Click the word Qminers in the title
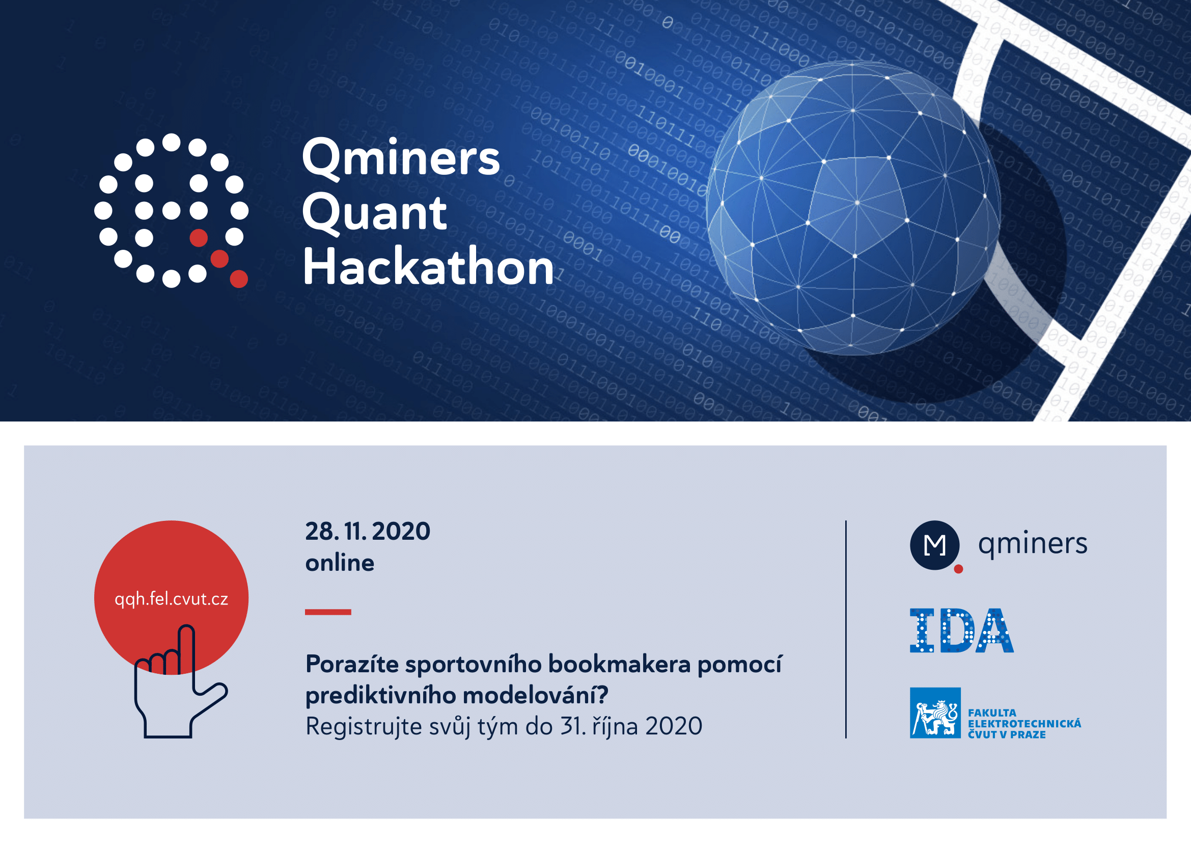(x=400, y=159)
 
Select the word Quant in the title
(x=374, y=214)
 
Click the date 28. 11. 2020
(x=368, y=532)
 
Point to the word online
(x=340, y=563)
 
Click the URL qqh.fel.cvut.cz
(x=171, y=599)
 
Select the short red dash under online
(x=328, y=612)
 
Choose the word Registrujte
(x=364, y=727)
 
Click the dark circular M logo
(x=935, y=545)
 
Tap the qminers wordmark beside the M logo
(x=1032, y=544)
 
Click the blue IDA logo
(x=962, y=630)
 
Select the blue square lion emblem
(x=935, y=713)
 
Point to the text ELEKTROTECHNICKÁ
(x=1024, y=724)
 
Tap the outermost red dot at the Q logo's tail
(x=239, y=279)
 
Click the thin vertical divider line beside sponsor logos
(x=846, y=629)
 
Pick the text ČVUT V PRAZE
(x=1007, y=734)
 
